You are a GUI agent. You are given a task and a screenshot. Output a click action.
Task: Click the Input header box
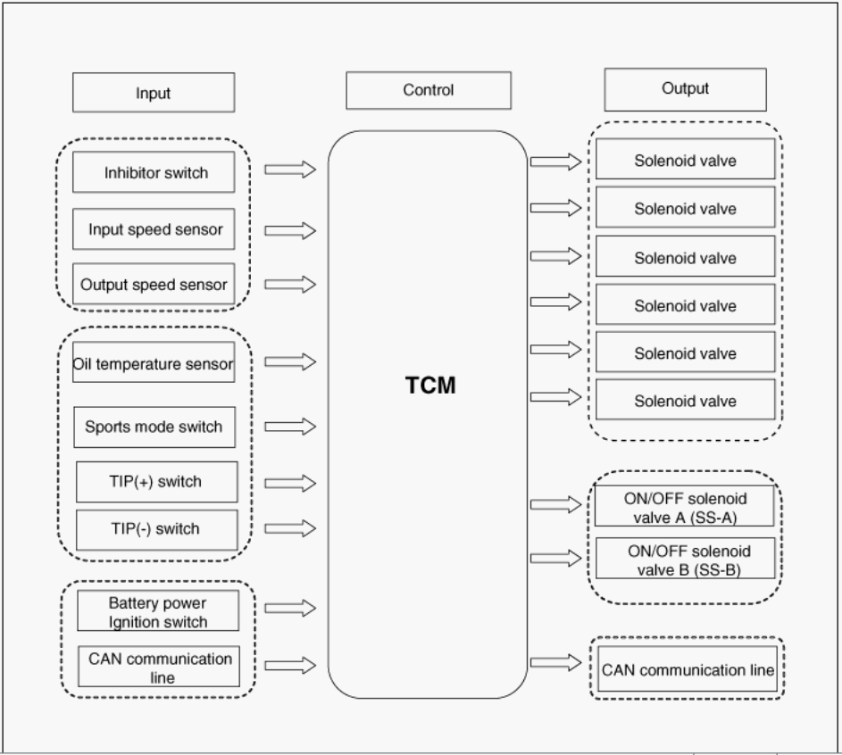pyautogui.click(x=153, y=93)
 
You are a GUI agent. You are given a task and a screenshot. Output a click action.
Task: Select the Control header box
pyautogui.click(x=429, y=90)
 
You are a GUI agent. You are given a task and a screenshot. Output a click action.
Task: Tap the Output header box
pyautogui.click(x=685, y=88)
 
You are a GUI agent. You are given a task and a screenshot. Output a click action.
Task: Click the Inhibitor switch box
pyautogui.click(x=154, y=172)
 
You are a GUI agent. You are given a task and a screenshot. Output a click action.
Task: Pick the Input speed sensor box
pyautogui.click(x=154, y=229)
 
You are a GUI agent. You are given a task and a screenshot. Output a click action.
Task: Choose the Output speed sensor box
pyautogui.click(x=154, y=285)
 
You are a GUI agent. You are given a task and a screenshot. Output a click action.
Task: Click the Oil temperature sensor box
pyautogui.click(x=154, y=363)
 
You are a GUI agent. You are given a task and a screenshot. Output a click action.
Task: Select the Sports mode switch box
pyautogui.click(x=154, y=427)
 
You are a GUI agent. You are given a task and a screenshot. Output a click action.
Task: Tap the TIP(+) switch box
pyautogui.click(x=156, y=482)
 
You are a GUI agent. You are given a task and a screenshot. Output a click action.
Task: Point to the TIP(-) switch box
pyautogui.click(x=156, y=529)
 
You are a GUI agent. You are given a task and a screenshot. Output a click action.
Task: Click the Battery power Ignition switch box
pyautogui.click(x=158, y=611)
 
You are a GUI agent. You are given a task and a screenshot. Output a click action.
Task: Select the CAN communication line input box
pyautogui.click(x=159, y=667)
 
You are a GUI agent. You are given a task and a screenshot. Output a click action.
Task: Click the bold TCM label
pyautogui.click(x=430, y=386)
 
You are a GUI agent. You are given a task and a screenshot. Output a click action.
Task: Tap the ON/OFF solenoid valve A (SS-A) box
pyautogui.click(x=685, y=507)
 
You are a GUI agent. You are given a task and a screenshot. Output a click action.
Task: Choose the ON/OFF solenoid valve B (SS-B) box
pyautogui.click(x=685, y=560)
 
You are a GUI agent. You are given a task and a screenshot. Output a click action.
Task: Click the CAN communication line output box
pyautogui.click(x=687, y=669)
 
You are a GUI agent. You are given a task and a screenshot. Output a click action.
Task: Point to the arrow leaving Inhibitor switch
pyautogui.click(x=290, y=169)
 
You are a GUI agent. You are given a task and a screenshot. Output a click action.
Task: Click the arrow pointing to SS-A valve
pyautogui.click(x=555, y=505)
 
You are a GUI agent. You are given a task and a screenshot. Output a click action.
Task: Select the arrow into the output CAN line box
pyautogui.click(x=555, y=662)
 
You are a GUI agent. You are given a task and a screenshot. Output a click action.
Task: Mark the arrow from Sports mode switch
pyautogui.click(x=290, y=427)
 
